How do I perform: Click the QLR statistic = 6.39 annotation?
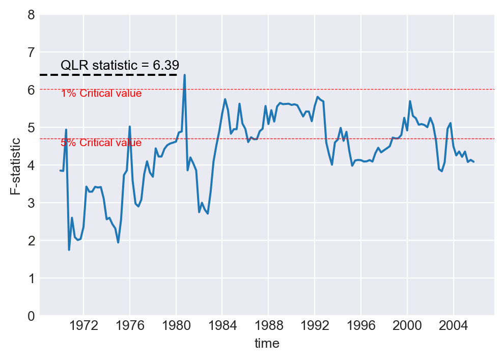tap(120, 65)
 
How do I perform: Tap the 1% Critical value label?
tap(101, 94)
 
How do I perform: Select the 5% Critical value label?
tap(101, 143)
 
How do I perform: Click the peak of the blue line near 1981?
tap(184, 75)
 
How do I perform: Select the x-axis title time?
tap(267, 344)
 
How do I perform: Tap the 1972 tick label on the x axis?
tap(83, 325)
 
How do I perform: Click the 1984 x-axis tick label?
tap(222, 325)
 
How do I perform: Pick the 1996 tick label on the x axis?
tap(361, 325)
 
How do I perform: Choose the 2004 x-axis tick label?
tap(453, 325)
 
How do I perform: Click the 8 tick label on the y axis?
tap(32, 15)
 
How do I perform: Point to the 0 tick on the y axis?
tap(32, 316)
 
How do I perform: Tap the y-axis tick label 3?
tap(32, 203)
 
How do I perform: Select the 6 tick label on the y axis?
tap(32, 90)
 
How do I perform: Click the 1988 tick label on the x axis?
tap(268, 325)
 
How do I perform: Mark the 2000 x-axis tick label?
tap(407, 325)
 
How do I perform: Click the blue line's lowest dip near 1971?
tap(69, 250)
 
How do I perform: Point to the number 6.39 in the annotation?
tap(166, 65)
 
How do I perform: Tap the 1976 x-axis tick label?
tap(130, 325)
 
